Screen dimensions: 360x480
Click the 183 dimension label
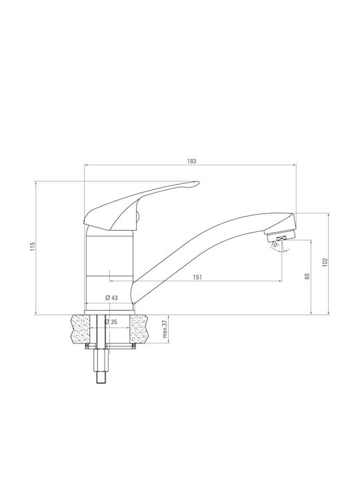[191, 161]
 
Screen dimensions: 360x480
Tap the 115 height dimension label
[33, 247]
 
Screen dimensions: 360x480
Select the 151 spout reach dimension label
[197, 277]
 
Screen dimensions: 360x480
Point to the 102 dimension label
[325, 263]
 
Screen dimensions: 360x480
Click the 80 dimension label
[307, 276]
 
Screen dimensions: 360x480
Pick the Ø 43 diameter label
[111, 297]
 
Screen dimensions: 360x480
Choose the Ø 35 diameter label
[111, 322]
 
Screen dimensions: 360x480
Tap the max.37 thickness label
[165, 329]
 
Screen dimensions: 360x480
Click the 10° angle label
[275, 245]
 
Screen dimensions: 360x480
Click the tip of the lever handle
[199, 183]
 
